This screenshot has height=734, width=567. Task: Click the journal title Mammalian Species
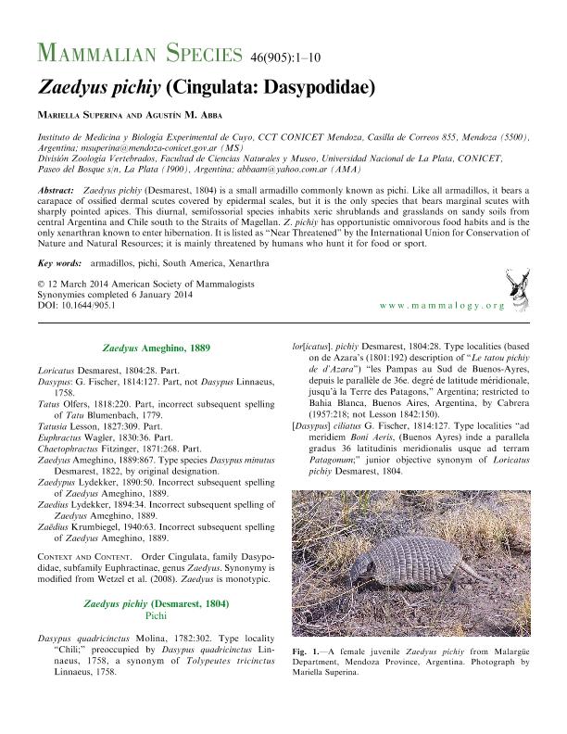point(139,52)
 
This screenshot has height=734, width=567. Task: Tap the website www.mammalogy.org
point(443,305)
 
